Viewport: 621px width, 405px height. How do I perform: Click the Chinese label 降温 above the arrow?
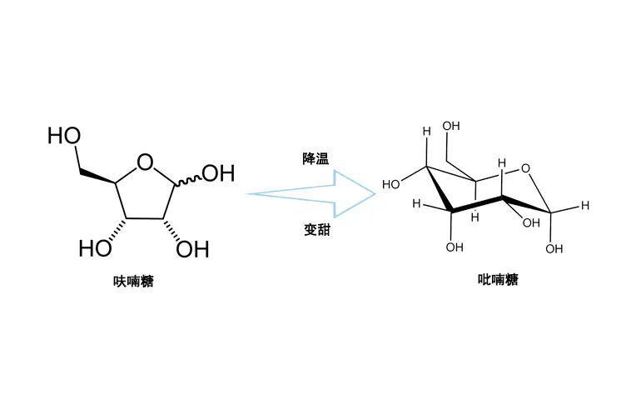click(315, 159)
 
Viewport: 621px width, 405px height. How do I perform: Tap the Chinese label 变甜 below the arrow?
click(316, 230)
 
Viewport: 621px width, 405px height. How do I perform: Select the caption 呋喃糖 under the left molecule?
click(133, 282)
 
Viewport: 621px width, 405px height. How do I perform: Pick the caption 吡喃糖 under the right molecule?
click(498, 280)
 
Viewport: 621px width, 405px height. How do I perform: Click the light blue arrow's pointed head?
click(375, 194)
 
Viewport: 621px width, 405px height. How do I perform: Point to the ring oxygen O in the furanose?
click(145, 162)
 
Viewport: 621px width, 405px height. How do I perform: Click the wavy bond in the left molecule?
click(188, 180)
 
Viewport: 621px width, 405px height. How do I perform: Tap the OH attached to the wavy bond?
click(218, 173)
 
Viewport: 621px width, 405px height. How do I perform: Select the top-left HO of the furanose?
click(64, 136)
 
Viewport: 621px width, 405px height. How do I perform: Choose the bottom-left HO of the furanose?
click(95, 248)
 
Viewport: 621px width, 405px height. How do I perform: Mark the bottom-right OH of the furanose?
click(192, 249)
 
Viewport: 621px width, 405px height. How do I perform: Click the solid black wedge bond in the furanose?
click(98, 177)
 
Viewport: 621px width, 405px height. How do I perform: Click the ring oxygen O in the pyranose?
click(525, 168)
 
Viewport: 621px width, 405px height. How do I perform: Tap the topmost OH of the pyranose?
click(450, 126)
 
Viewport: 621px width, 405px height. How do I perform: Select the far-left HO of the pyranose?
click(391, 184)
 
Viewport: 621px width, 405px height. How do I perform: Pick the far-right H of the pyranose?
click(585, 205)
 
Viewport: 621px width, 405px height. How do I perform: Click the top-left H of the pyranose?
click(426, 131)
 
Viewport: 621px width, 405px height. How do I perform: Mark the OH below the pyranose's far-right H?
click(554, 248)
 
